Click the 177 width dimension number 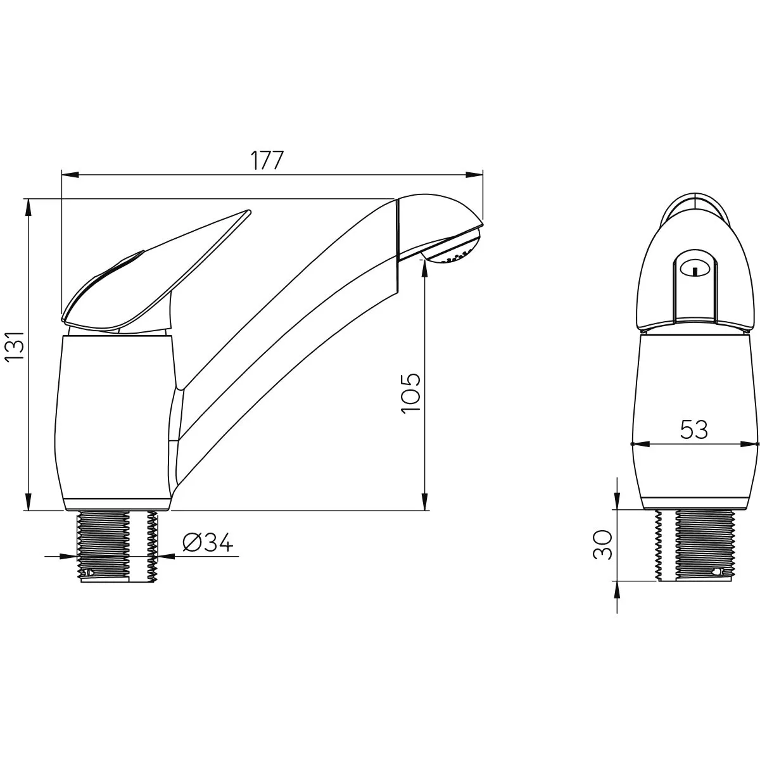tap(267, 160)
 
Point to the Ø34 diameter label tap(208, 542)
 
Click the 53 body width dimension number tap(694, 429)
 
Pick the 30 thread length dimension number tap(603, 545)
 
